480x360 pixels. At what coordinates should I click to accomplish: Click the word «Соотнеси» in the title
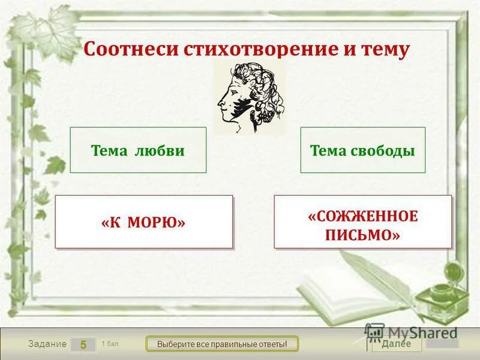point(119,49)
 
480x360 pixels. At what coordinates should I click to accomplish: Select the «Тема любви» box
point(138,150)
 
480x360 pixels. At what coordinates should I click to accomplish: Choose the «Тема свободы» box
point(362,150)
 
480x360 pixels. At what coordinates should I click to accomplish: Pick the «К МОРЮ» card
point(143,222)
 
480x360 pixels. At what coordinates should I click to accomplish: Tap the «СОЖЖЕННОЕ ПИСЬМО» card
point(362,222)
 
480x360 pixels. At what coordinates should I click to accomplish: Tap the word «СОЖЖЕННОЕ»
point(362,215)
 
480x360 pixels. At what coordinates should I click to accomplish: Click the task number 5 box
point(83,344)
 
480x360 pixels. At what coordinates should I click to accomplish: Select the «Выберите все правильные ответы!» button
point(223,344)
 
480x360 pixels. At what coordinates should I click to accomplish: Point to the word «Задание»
point(47,344)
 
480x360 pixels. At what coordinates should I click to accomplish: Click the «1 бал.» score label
point(110,343)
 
